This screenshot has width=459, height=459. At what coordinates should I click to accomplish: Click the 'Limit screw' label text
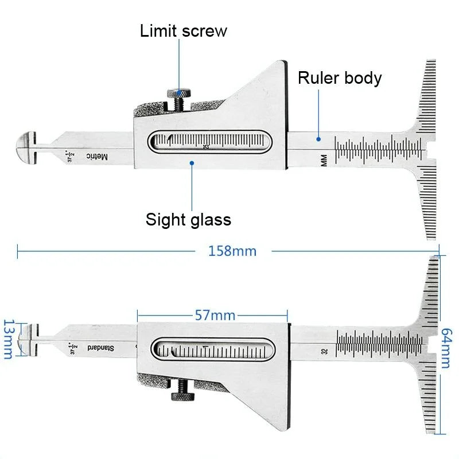click(183, 31)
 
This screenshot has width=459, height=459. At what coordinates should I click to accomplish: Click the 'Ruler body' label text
click(340, 77)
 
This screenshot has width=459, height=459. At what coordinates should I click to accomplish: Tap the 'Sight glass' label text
click(188, 219)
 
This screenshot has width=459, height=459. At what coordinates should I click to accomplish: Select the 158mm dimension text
click(232, 251)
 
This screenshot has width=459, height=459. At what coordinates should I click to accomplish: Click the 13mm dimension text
click(8, 339)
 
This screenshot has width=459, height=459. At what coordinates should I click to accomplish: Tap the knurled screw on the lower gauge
click(182, 395)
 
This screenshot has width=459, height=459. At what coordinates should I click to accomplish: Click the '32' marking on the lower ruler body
click(325, 351)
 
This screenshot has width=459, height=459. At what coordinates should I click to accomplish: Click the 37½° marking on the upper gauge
click(70, 155)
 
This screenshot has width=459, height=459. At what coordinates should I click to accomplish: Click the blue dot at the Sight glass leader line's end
click(192, 163)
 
